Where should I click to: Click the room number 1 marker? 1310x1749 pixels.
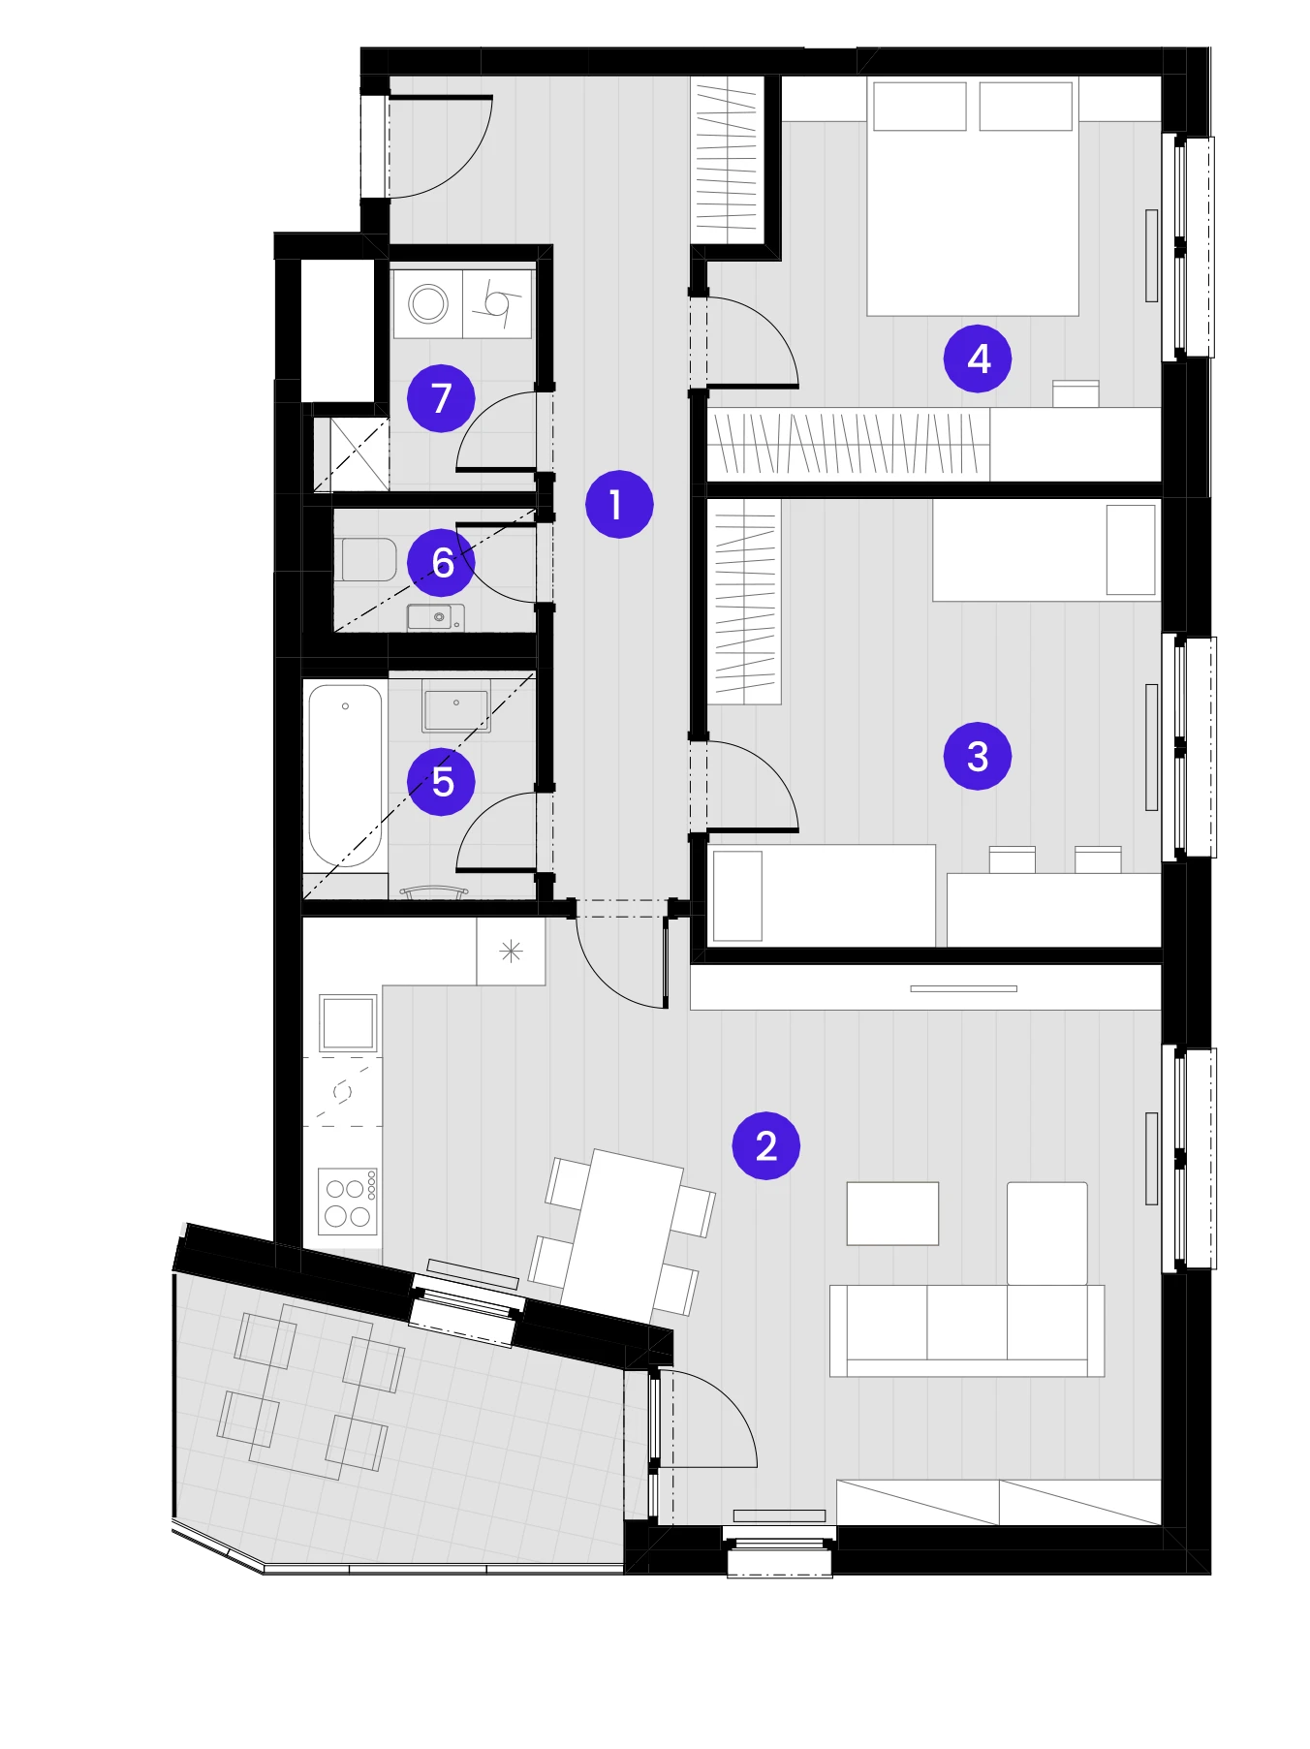point(619,504)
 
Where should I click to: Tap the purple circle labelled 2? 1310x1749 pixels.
point(765,1145)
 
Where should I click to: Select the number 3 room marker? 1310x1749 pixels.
point(978,756)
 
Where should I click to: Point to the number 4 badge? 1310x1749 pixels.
point(978,359)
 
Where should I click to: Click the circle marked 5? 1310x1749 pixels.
point(441,781)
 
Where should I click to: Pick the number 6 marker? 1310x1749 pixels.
point(441,562)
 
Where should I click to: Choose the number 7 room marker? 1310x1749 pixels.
point(441,397)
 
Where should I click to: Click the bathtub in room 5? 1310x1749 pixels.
point(345,776)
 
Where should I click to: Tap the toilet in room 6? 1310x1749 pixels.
point(368,560)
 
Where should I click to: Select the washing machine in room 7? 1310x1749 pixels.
point(428,303)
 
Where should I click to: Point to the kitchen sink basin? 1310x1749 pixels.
point(348,1022)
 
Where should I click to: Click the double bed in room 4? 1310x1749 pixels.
point(973,197)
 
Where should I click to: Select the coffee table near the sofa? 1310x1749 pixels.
point(892,1213)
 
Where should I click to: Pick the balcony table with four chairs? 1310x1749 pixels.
point(310,1391)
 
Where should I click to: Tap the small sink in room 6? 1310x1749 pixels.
point(435,617)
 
